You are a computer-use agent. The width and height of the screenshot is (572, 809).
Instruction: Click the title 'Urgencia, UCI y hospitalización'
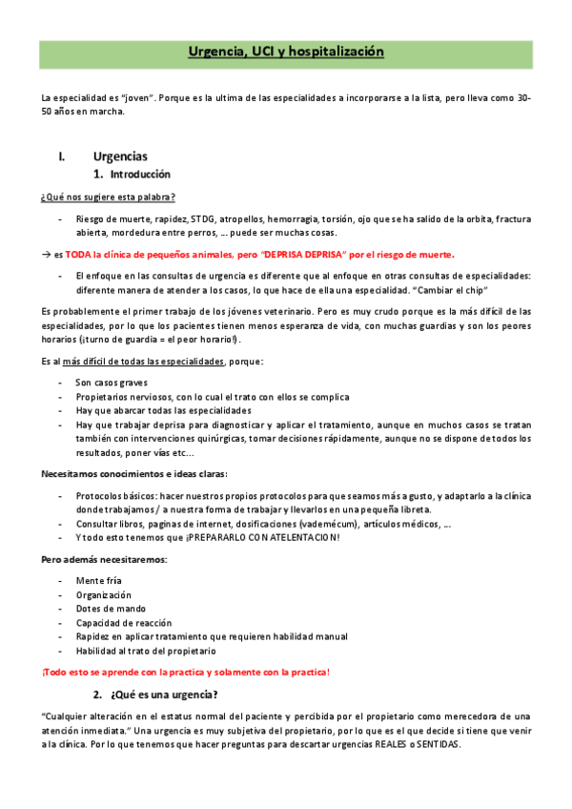click(286, 52)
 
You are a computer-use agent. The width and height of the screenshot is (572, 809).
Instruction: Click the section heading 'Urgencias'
click(120, 156)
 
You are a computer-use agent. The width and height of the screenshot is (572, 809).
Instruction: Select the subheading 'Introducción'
click(140, 176)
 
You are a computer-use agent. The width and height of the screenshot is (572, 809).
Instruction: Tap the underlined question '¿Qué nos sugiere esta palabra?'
click(108, 197)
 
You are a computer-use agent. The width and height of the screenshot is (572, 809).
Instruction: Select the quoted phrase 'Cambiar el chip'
click(451, 290)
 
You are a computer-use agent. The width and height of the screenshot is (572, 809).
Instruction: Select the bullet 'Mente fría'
click(100, 580)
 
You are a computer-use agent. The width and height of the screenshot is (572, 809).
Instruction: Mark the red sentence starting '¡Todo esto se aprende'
click(186, 673)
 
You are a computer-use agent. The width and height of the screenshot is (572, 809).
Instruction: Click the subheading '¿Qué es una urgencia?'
click(164, 695)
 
